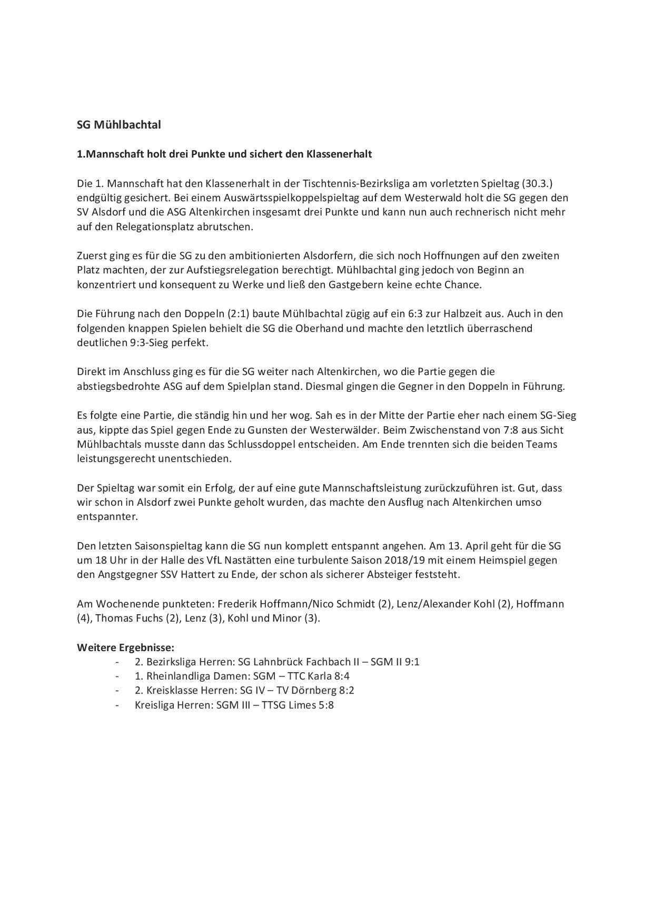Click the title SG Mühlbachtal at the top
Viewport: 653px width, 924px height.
[119, 125]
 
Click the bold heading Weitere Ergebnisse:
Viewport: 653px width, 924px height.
[125, 647]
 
